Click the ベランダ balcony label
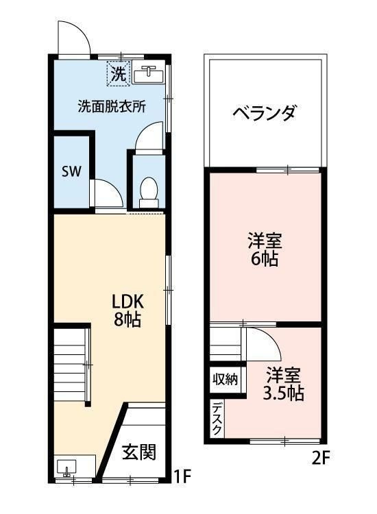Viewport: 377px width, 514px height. pyautogui.click(x=264, y=112)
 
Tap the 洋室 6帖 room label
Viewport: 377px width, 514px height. pyautogui.click(x=264, y=250)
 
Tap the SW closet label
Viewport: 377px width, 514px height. pyautogui.click(x=71, y=171)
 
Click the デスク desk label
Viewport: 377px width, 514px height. pyautogui.click(x=217, y=417)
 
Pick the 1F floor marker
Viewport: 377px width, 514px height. pyautogui.click(x=181, y=474)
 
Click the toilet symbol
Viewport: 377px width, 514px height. pyautogui.click(x=147, y=191)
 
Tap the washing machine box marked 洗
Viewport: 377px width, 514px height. pyautogui.click(x=118, y=75)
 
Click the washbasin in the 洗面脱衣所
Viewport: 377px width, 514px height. pyautogui.click(x=148, y=74)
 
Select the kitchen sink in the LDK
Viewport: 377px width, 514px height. pyautogui.click(x=66, y=469)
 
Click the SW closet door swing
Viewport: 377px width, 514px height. pyautogui.click(x=106, y=193)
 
